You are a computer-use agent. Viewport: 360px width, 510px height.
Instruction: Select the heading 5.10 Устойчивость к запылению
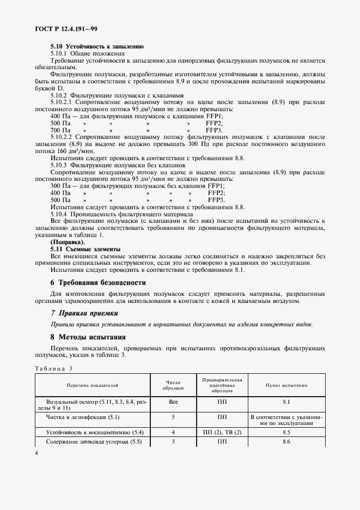coord(89,47)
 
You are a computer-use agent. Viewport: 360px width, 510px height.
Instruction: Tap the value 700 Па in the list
coord(60,130)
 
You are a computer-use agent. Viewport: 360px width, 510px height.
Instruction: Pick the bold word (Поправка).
coord(68,241)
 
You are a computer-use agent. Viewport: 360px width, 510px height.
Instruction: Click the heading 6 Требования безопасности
coord(98,283)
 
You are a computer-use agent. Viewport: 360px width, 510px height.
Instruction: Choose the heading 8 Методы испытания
coord(88,337)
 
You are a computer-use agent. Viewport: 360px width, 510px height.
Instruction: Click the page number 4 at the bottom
coord(36,453)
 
